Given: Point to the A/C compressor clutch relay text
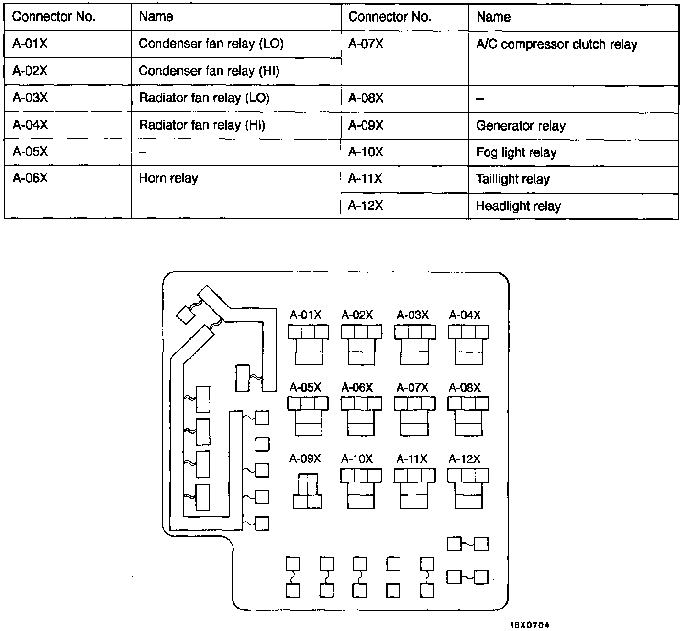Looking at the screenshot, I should tap(556, 44).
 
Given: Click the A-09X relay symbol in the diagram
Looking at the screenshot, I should tap(307, 491).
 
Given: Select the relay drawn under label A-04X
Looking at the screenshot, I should tap(468, 345).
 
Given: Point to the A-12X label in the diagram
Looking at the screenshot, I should tap(465, 459).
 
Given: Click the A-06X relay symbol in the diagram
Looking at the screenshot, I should tap(361, 416).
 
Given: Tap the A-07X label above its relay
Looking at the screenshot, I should tap(412, 387).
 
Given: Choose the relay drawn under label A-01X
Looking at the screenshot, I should tap(309, 345).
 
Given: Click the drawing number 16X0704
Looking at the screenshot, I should tap(530, 625).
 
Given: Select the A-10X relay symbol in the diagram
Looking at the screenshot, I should tap(361, 488).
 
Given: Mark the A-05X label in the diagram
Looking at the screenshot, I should tap(305, 387).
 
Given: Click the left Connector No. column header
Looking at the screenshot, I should tap(54, 17).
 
